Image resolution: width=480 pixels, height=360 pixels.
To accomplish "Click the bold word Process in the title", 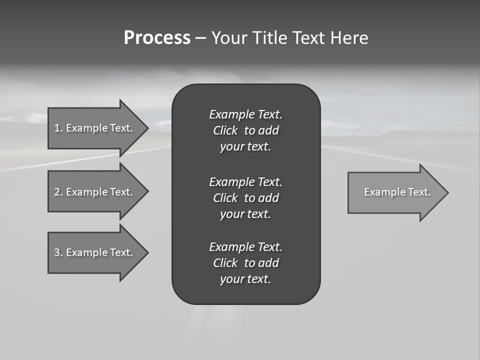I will coord(157,38).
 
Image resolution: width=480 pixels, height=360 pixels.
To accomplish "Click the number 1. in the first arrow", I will coord(58,128).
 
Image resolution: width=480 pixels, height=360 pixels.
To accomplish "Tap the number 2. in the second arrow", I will coord(58,192).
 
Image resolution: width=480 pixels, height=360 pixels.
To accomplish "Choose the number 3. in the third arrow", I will coord(58,252).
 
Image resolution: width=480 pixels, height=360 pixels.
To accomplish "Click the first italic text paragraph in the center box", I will coord(245,130).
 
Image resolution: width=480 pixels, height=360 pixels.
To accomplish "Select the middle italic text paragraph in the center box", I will coord(245,197).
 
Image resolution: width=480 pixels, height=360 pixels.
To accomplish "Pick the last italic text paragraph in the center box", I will coord(245,263).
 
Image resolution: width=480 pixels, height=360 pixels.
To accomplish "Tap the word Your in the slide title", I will coord(230,38).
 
